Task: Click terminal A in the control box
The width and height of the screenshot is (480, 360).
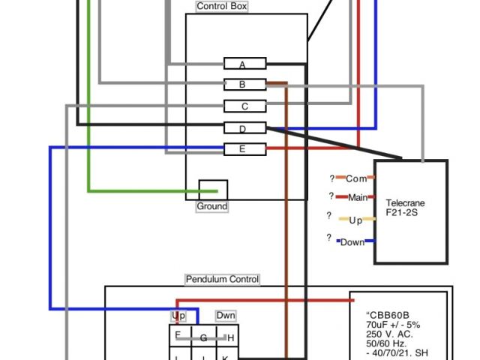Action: tap(242, 64)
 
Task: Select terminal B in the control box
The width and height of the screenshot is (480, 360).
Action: tap(242, 85)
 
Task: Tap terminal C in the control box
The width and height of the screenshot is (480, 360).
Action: tap(244, 107)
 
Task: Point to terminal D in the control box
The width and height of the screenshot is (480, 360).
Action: tap(242, 129)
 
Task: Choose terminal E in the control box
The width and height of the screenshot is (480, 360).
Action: tap(242, 149)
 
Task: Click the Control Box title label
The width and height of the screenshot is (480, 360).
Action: tap(221, 6)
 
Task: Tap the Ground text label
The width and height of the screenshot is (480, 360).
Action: tap(212, 206)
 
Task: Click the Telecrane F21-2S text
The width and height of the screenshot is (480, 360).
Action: tap(406, 208)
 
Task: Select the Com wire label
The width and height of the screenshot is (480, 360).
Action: tap(356, 178)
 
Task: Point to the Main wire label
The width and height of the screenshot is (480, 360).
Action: tap(358, 198)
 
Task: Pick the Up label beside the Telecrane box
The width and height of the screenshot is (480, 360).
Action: tap(355, 220)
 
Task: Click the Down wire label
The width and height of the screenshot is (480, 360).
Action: tap(352, 242)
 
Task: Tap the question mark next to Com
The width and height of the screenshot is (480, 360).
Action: tap(331, 178)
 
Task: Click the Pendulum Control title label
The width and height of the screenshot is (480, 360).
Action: tap(222, 280)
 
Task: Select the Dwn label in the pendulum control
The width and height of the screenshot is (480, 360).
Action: tap(226, 316)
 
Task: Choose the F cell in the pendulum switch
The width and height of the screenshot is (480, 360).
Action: tap(178, 335)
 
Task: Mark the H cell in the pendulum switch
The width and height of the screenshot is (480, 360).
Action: tap(230, 338)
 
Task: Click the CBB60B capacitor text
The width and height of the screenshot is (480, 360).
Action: tap(388, 315)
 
